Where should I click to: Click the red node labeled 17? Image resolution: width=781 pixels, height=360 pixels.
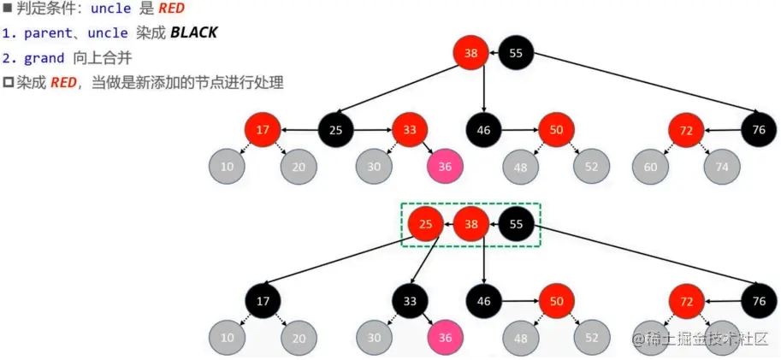(263, 131)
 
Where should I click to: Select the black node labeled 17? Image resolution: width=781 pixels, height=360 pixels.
(263, 300)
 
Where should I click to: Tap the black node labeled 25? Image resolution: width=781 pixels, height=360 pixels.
(336, 131)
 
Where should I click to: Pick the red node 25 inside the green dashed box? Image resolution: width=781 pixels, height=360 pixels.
(426, 225)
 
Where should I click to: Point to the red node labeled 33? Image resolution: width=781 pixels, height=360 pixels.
(411, 131)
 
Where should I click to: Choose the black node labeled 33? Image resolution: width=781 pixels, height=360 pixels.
(411, 300)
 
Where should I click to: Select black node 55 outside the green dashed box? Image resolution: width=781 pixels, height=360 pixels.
(516, 54)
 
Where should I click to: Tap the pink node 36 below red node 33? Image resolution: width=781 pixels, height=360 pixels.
(445, 167)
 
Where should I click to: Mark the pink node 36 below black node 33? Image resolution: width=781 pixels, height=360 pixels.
(445, 337)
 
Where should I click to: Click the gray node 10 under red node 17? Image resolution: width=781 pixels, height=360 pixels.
(227, 167)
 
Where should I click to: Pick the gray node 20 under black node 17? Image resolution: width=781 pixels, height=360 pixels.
(299, 337)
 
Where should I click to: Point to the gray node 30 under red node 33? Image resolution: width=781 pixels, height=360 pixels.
(374, 167)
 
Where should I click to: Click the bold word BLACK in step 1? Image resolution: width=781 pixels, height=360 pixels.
(193, 33)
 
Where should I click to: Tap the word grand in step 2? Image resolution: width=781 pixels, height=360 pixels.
(44, 58)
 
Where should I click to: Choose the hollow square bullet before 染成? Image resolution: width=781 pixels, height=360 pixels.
(9, 83)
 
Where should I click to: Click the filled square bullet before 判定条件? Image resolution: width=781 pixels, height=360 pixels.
(7, 9)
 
